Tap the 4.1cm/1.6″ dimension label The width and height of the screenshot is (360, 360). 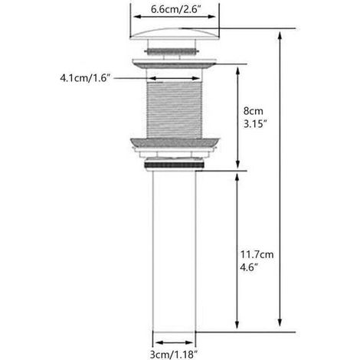(85, 78)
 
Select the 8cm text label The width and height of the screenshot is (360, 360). (253, 111)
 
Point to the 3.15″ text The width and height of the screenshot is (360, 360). (255, 124)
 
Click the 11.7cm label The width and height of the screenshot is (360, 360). (257, 254)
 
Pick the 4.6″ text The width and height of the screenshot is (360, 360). (249, 267)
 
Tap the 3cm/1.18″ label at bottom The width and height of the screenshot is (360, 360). (174, 355)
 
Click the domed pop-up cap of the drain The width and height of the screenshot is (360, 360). (175, 34)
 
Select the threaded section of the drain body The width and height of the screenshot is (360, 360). (175, 110)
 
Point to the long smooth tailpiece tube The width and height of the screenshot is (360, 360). (174, 251)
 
